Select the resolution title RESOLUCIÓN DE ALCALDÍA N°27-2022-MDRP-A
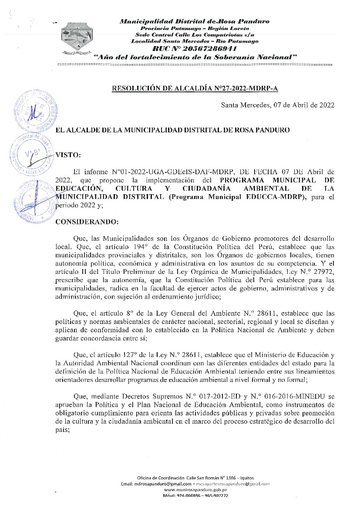pyautogui.click(x=195, y=89)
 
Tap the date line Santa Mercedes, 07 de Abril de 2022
pyautogui.click(x=278, y=104)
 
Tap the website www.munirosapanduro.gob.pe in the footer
pyautogui.click(x=195, y=489)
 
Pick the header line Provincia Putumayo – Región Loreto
pyautogui.click(x=195, y=28)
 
